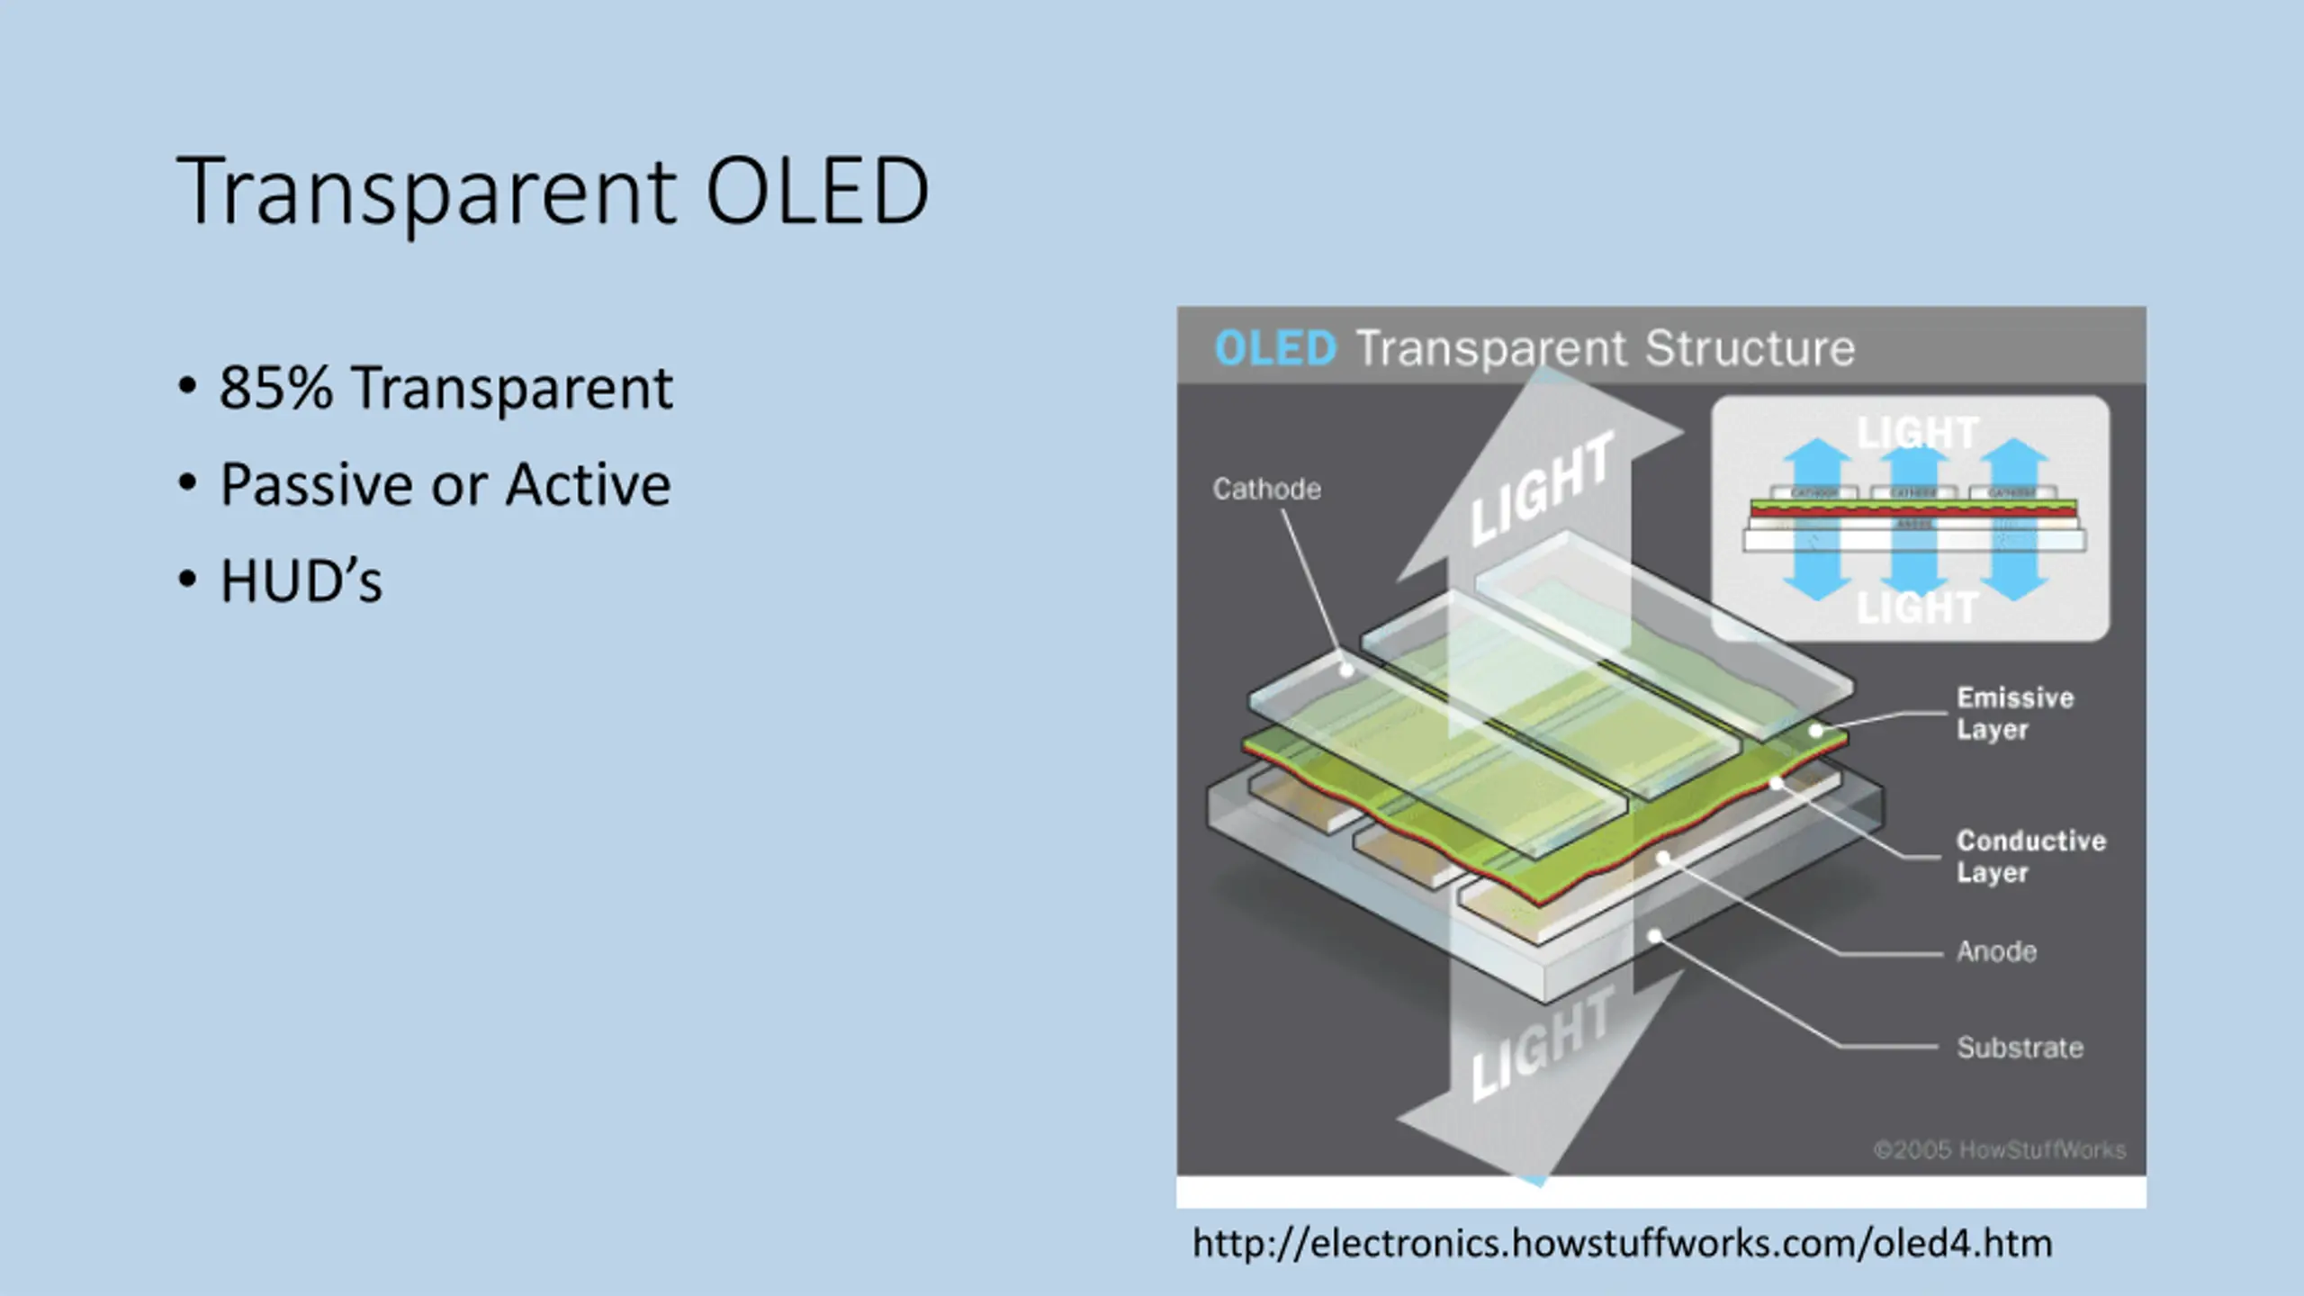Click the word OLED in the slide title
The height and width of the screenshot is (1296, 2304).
point(816,191)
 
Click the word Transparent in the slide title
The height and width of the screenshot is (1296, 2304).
point(426,191)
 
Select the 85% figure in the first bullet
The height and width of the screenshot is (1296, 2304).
point(275,388)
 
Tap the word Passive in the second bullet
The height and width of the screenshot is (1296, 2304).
point(318,485)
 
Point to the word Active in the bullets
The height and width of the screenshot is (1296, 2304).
point(588,485)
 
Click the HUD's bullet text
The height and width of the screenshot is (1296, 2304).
point(301,580)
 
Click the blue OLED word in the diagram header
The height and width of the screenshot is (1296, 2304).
point(1275,349)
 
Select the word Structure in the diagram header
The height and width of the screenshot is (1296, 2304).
point(1750,349)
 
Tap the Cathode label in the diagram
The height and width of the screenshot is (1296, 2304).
point(1266,489)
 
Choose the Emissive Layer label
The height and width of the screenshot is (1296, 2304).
point(2014,713)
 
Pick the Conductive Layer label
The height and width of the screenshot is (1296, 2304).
point(2030,856)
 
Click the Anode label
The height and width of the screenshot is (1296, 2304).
point(1996,951)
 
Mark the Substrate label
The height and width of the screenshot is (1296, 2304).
point(2020,1048)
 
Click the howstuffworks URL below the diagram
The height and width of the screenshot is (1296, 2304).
point(1622,1244)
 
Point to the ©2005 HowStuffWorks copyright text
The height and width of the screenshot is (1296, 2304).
point(1999,1149)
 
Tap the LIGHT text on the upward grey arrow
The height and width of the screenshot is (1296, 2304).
point(1541,491)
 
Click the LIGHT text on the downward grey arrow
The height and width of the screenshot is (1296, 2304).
point(1541,1044)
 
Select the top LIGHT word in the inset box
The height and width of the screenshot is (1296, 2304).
point(1917,434)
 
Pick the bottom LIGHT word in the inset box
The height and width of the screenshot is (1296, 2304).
point(1917,608)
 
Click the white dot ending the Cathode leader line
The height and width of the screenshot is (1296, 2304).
point(1347,670)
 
